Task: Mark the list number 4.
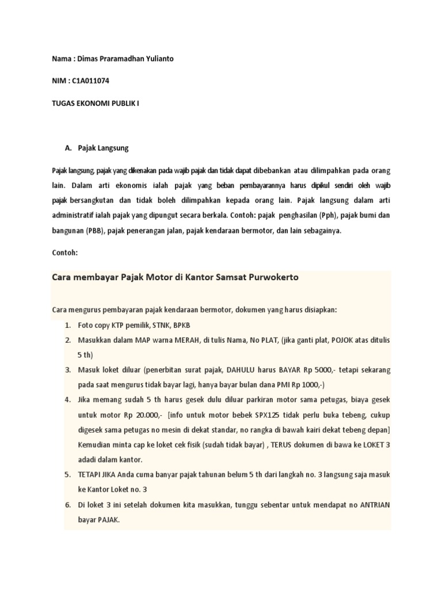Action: click(67, 400)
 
